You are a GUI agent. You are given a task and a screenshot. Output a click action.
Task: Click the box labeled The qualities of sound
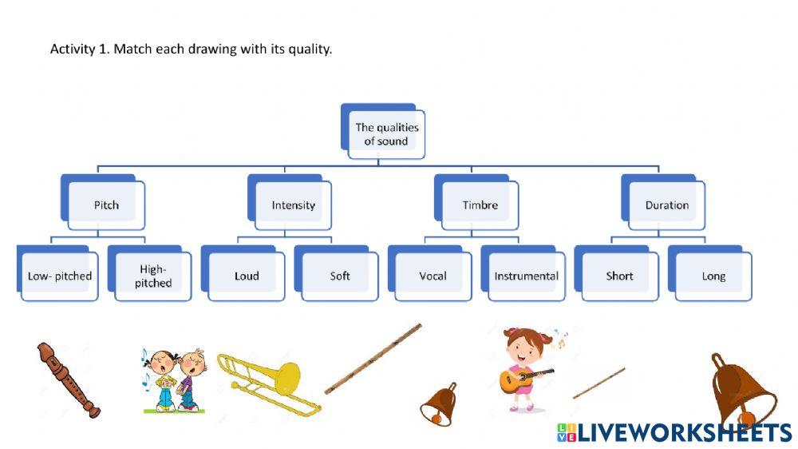click(x=386, y=134)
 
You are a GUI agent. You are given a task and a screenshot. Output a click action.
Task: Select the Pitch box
click(x=106, y=205)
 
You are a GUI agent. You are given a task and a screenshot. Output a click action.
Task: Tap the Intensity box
click(x=293, y=205)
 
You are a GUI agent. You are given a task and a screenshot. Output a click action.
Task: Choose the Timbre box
click(x=480, y=205)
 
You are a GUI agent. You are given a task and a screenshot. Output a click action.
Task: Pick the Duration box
click(x=667, y=205)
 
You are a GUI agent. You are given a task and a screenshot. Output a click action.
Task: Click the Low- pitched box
click(x=60, y=276)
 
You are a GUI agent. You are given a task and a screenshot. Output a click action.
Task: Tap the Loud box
click(x=247, y=276)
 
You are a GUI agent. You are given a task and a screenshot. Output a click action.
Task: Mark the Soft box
click(x=340, y=276)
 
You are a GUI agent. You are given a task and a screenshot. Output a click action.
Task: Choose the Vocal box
click(x=433, y=276)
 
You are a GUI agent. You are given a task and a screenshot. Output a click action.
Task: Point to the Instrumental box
click(x=526, y=276)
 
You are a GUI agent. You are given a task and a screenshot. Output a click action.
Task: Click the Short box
click(x=619, y=276)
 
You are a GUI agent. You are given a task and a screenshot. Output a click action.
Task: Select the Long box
click(x=713, y=276)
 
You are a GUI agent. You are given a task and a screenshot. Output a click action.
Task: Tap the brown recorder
click(x=69, y=379)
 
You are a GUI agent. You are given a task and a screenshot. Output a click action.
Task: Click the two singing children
click(x=173, y=380)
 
